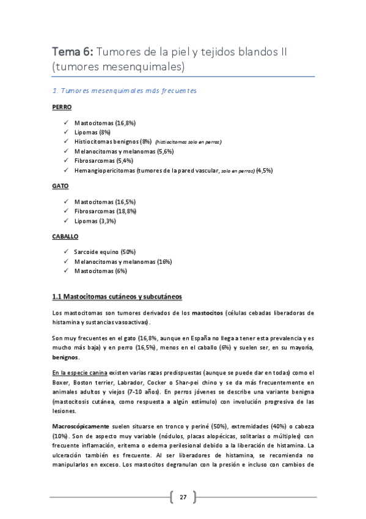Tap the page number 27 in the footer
[183, 496]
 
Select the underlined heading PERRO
[62, 106]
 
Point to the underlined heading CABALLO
[65, 235]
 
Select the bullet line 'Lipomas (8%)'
[92, 132]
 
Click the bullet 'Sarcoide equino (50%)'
[104, 252]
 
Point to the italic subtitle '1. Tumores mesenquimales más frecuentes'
[125, 91]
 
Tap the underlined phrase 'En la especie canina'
[80, 373]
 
